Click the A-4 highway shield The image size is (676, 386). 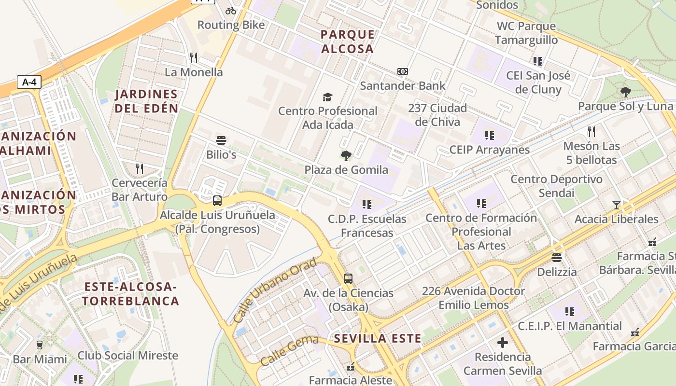29,82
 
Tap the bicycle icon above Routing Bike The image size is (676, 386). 231,10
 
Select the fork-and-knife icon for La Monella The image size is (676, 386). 194,58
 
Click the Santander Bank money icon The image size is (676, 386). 403,71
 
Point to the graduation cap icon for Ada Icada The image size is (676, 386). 328,97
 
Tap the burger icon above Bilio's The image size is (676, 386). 221,141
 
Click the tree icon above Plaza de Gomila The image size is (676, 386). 346,155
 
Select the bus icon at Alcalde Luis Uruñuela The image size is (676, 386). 217,201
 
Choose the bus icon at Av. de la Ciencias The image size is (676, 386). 348,278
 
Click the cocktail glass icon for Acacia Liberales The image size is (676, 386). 616,205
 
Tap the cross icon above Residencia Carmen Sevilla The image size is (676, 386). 503,343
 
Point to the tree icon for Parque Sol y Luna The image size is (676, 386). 626,92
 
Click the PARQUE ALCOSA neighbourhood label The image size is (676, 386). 348,41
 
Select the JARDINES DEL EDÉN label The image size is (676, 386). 146,101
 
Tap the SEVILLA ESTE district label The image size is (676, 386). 378,338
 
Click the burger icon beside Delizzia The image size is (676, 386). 557,257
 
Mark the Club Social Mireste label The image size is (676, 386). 128,356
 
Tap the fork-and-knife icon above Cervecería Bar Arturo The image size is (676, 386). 140,168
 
